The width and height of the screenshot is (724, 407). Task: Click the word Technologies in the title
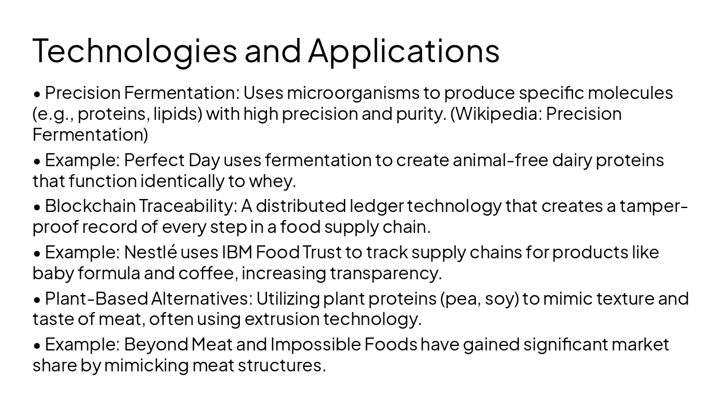(x=135, y=51)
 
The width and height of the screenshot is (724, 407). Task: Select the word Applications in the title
(x=404, y=51)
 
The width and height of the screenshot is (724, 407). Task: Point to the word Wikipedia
(x=498, y=114)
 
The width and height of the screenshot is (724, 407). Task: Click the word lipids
(x=176, y=114)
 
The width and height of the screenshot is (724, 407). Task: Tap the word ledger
(x=377, y=206)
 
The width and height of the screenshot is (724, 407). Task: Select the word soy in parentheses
(x=502, y=298)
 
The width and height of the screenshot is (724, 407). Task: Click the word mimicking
(x=146, y=366)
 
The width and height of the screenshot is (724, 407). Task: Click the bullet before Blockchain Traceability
(x=37, y=207)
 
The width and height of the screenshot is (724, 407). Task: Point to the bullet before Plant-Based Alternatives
(x=37, y=300)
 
